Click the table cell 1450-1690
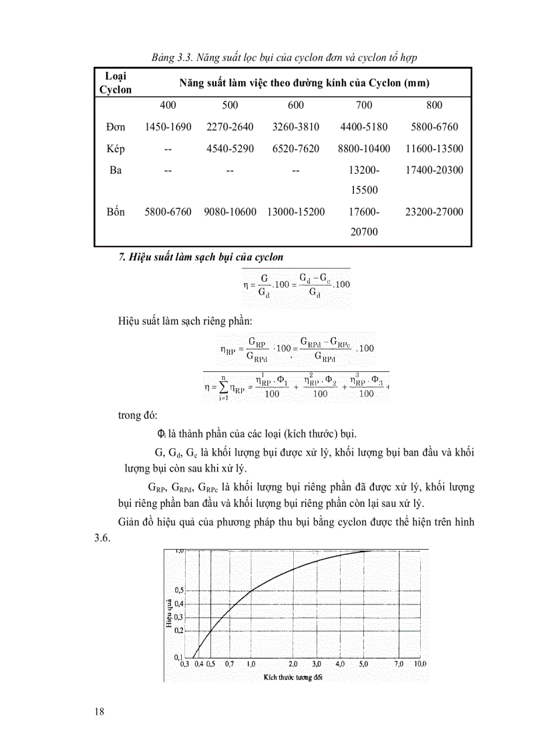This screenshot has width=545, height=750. pos(168,127)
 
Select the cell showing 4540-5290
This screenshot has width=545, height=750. pos(230,148)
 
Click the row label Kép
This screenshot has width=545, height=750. pos(116,148)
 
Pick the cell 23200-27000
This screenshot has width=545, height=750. pos(434,212)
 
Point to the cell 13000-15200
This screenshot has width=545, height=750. pos(296,212)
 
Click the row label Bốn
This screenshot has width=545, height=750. pos(116,212)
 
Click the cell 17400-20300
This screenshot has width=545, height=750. pos(434,170)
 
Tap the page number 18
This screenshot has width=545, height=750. pos(100,711)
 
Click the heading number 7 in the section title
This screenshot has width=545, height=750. pos(122,256)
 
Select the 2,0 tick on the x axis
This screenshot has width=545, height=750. pos(293,665)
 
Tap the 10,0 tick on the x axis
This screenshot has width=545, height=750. pos(419,665)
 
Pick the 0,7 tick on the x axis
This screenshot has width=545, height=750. pos(230,665)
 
